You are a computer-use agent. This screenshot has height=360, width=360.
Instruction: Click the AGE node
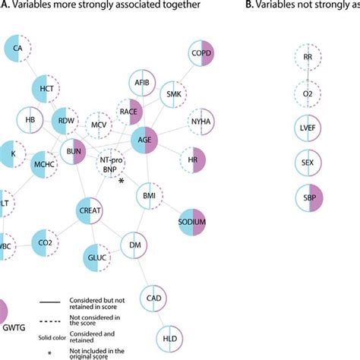[145, 138]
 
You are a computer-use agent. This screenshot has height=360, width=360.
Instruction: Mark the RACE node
[128, 112]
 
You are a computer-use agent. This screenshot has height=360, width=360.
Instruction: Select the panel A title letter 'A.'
[5, 6]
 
